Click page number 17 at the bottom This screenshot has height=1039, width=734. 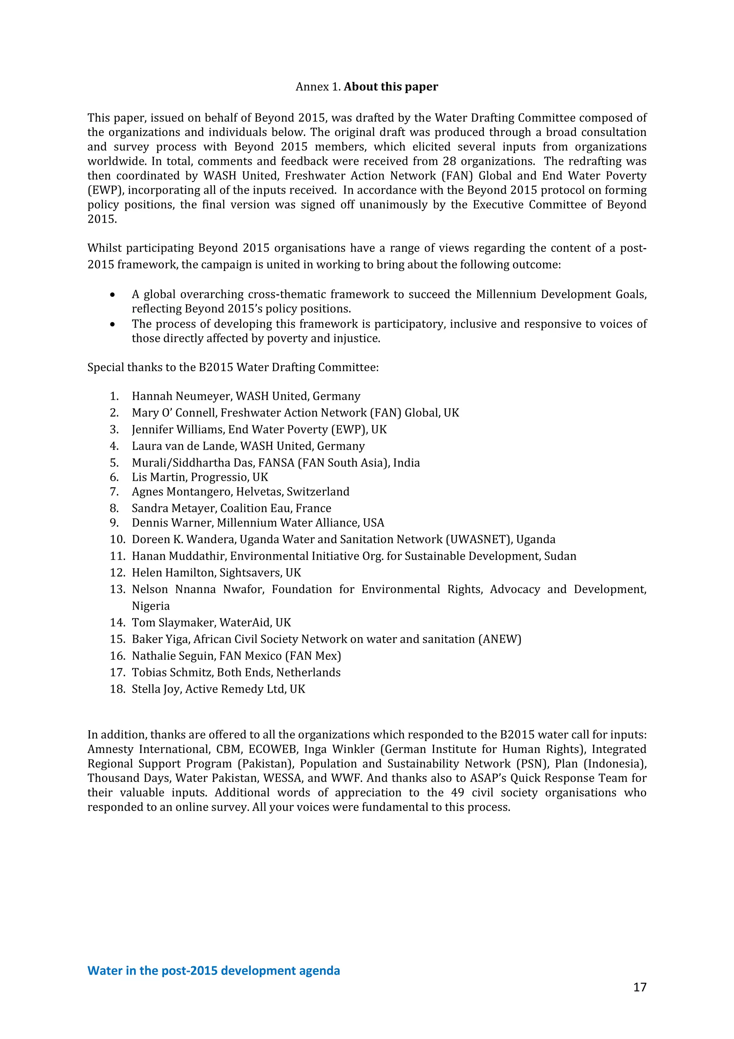pyautogui.click(x=639, y=987)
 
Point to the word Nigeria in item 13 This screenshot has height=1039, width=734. pyautogui.click(x=151, y=606)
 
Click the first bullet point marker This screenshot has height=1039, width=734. pyautogui.click(x=112, y=295)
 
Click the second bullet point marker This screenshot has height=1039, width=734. pyautogui.click(x=112, y=324)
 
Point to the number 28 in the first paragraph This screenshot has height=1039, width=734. pyautogui.click(x=449, y=162)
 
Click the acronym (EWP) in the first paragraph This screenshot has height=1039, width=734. pyautogui.click(x=105, y=190)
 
